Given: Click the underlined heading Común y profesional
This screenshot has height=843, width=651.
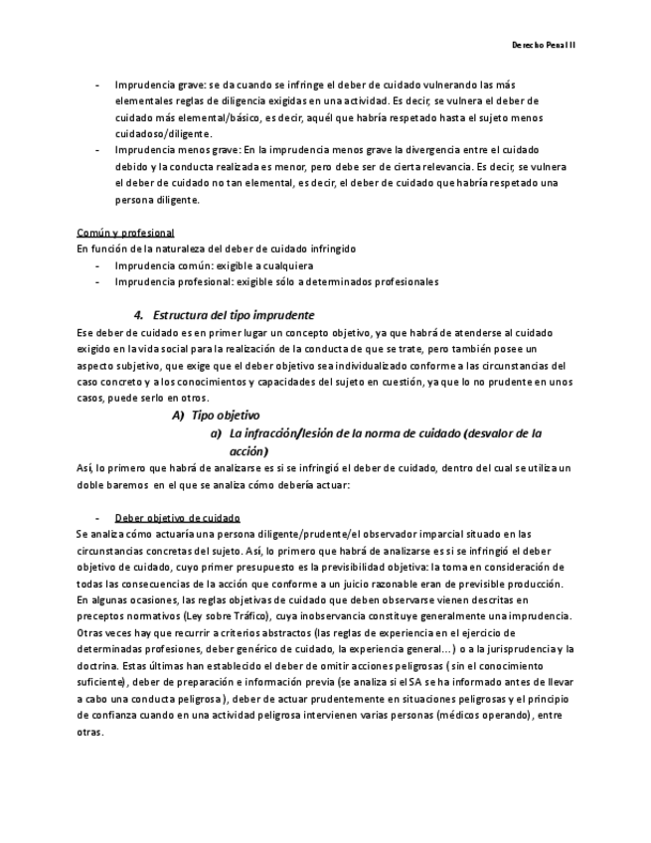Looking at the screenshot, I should (125, 233).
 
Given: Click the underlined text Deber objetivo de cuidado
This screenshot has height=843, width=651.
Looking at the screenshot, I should (177, 518).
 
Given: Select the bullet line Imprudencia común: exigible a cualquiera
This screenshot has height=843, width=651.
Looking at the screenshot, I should (214, 266).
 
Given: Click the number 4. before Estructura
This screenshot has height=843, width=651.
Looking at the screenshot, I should (139, 314).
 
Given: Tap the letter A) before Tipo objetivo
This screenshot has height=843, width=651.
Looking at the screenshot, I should (179, 416).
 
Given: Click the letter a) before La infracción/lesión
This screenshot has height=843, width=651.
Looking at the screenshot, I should (215, 433).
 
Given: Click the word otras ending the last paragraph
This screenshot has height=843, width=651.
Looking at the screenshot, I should (88, 731).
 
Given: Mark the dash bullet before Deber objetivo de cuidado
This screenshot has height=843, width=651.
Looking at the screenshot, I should (96, 518).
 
